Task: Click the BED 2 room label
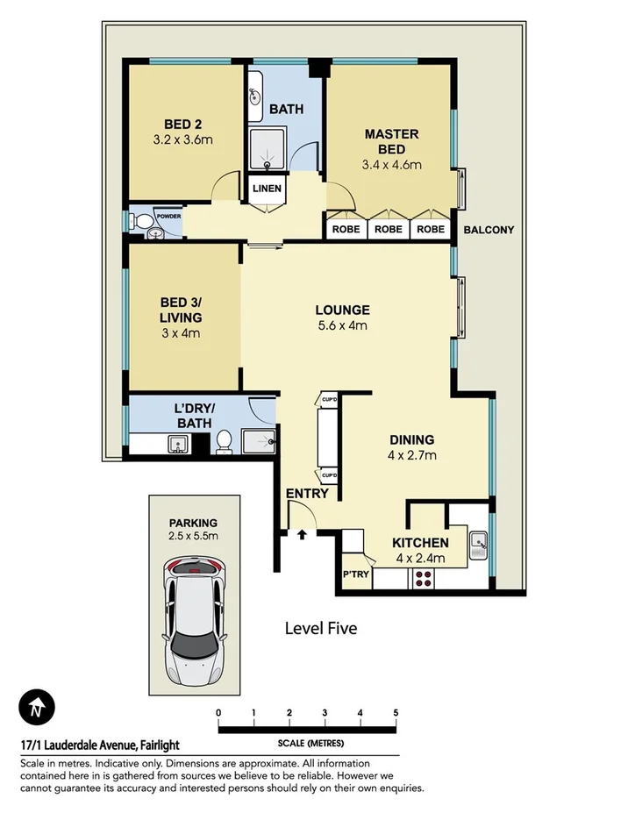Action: tap(183, 123)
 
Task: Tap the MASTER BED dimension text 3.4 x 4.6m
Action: tap(391, 164)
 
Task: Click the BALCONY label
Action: tap(489, 230)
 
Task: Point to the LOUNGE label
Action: tap(342, 310)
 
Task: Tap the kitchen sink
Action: tap(478, 546)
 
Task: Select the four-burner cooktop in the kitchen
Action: tap(424, 579)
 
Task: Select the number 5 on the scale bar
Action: tap(396, 712)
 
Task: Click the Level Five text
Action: tap(321, 628)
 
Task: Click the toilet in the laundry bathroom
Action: tap(223, 442)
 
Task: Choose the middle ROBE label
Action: tap(389, 230)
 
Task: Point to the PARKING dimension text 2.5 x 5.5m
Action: tap(194, 535)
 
